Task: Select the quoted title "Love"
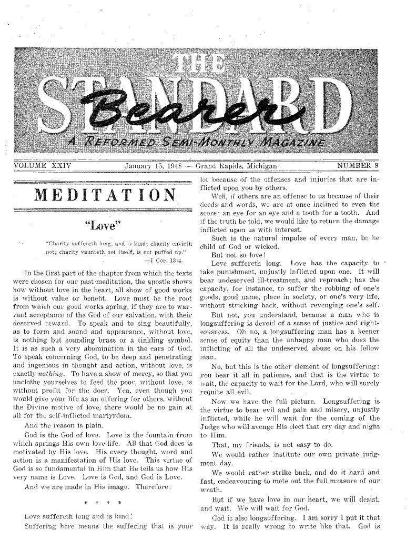[103, 228]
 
